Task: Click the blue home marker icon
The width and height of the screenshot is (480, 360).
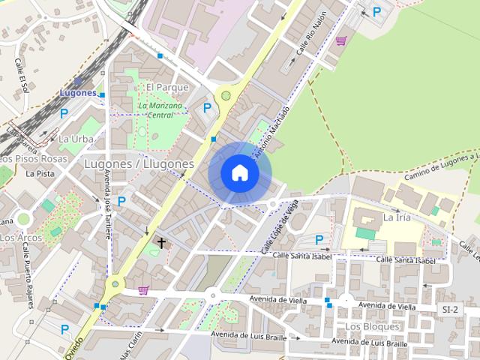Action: pos(239,172)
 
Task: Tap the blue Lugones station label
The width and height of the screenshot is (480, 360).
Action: pos(78,93)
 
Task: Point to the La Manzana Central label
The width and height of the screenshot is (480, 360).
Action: pos(160,110)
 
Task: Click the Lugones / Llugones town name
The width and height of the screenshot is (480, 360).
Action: pos(139,163)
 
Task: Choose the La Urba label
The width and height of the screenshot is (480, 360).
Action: pos(76,139)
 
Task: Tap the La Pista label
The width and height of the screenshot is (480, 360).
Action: pos(40,173)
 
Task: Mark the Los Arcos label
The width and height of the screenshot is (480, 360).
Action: pos(20,238)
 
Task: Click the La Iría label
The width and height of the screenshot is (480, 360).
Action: pos(397,217)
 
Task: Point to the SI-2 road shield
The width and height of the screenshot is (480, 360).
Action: pos(450,310)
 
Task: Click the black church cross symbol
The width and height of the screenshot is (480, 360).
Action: pos(160,242)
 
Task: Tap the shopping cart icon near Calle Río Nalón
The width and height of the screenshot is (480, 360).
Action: pos(341,40)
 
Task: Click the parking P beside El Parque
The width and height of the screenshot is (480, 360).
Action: pos(207,108)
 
